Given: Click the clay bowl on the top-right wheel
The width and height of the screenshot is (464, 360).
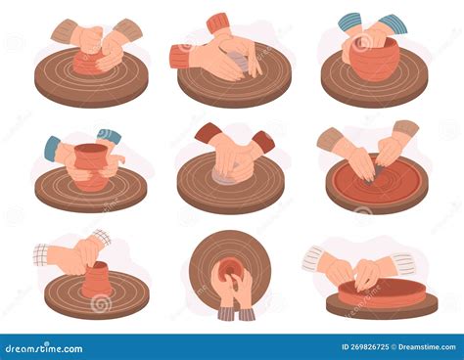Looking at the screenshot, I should [x=376, y=62].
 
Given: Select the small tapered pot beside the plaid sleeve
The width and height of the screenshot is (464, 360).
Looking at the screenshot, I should [x=96, y=281].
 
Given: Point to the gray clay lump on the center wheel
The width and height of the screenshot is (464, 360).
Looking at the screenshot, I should [x=230, y=177].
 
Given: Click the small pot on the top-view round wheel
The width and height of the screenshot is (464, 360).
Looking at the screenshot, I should [x=230, y=268].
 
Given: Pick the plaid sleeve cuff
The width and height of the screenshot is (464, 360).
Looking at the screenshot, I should [x=41, y=254].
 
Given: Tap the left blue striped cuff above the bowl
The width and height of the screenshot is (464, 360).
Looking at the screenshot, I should [x=349, y=22].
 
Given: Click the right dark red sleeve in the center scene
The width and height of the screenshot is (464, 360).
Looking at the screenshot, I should [x=261, y=141].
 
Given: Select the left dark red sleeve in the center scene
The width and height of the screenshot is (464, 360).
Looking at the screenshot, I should [x=208, y=132].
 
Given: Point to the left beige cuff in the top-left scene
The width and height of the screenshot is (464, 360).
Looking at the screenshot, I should [x=65, y=31].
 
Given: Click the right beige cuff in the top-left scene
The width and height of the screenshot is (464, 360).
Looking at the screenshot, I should [x=128, y=29].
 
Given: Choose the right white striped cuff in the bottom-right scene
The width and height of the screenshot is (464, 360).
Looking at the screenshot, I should [x=403, y=263].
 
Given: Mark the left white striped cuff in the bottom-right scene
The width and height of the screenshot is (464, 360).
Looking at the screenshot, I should [x=312, y=258].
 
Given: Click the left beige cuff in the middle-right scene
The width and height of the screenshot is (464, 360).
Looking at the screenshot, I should [x=330, y=138].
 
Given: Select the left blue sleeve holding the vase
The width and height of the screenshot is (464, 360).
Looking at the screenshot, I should [x=53, y=148].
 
